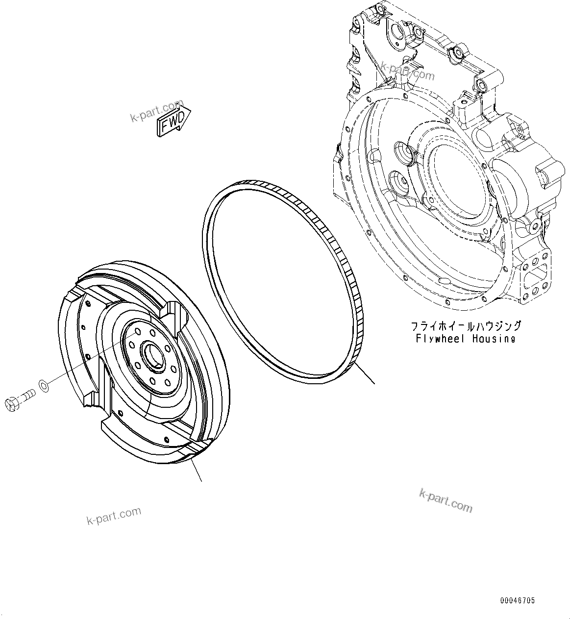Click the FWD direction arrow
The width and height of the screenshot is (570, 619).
pos(173,119)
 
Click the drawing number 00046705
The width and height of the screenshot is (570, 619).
pos(518,600)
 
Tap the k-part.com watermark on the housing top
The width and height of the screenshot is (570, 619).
pos(407,71)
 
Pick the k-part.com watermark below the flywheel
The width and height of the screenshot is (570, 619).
pos(113,516)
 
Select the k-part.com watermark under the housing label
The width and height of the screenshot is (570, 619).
pos(446,500)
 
